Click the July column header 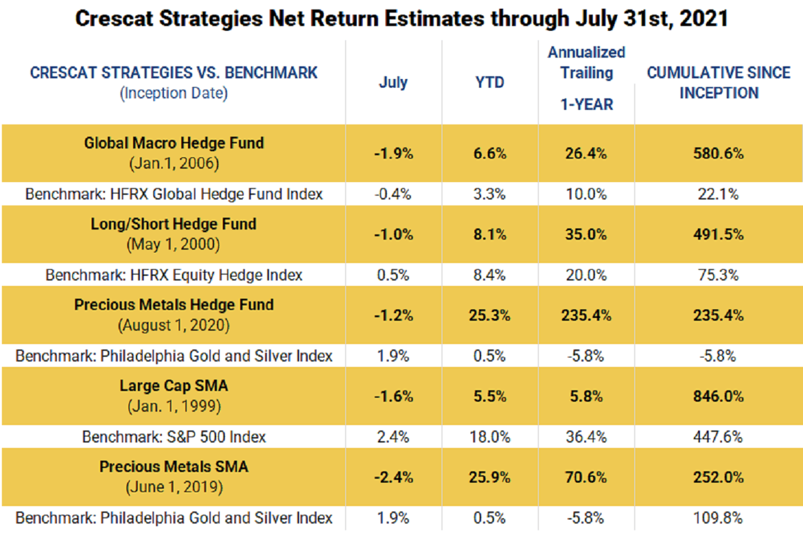point(393,83)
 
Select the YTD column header point(490,83)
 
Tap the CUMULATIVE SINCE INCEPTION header point(719,83)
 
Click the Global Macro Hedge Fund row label point(174,143)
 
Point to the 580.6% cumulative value point(719,153)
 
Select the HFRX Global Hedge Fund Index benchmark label point(174,194)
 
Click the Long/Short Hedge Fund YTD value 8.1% point(490,234)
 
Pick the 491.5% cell point(719,234)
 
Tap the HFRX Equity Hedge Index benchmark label point(174,275)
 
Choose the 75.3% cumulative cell point(719,275)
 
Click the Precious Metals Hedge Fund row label point(174,305)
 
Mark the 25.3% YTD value point(490,315)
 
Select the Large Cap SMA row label point(174,386)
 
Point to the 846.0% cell point(719,396)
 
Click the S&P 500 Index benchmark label point(174,437)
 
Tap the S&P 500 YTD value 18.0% point(490,437)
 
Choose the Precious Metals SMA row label point(174,467)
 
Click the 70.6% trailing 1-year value point(586,477)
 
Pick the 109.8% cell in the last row point(719,518)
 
